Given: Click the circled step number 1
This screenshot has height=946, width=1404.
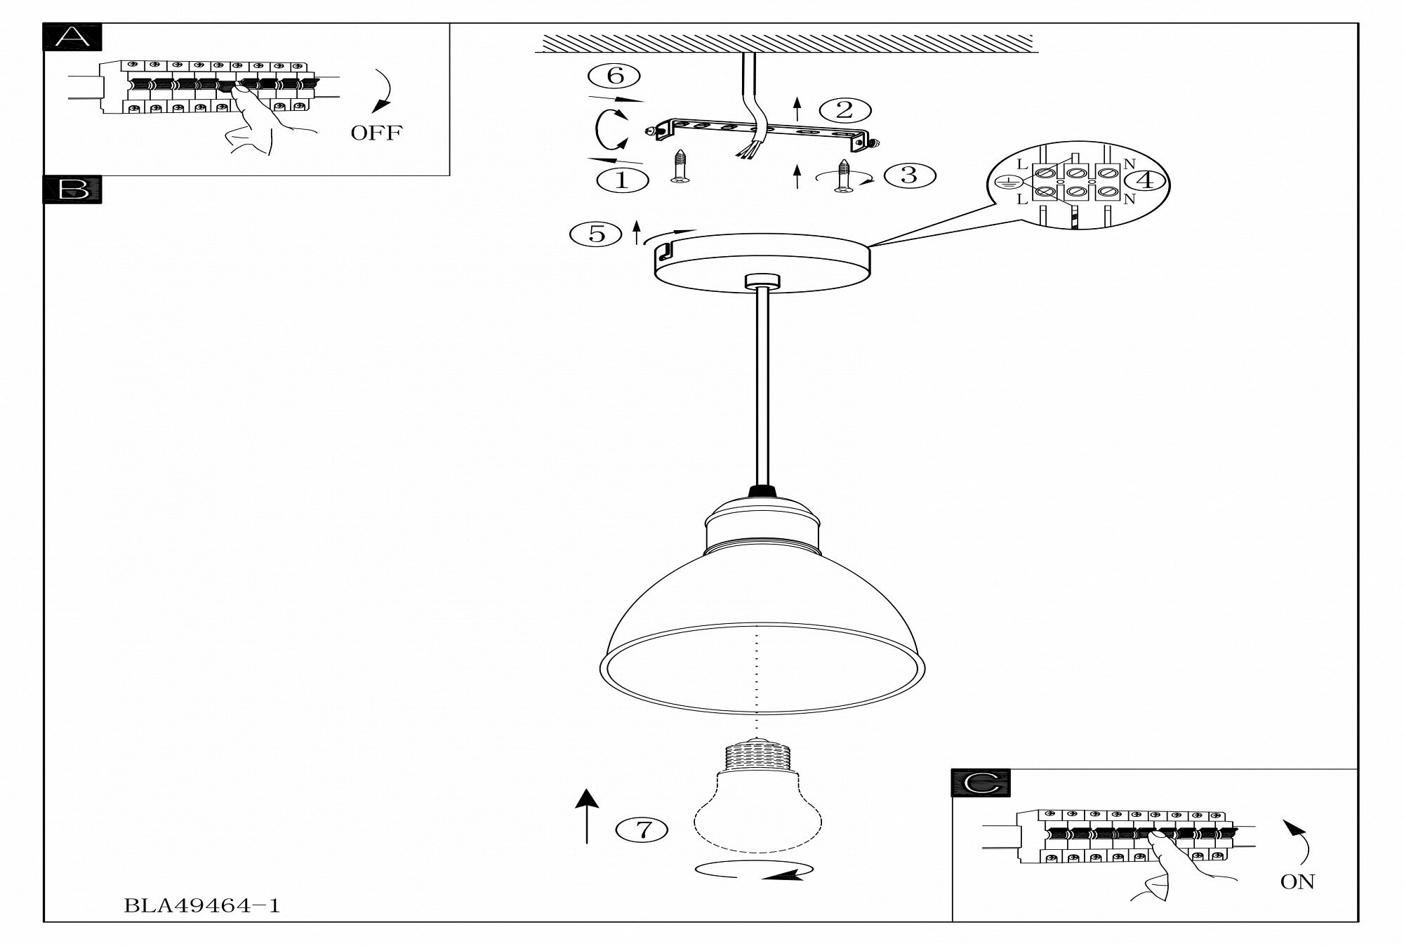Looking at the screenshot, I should [x=621, y=180].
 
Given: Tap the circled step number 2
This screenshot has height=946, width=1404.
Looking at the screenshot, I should [x=845, y=110].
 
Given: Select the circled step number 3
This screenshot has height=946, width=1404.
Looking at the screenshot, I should [x=909, y=175].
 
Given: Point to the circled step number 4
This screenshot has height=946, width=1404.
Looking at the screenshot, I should [x=1145, y=180].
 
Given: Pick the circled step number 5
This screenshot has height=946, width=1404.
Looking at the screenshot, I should [x=597, y=234].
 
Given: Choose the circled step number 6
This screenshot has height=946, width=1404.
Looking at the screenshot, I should [x=616, y=76].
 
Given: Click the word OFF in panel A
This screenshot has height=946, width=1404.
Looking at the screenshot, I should [x=376, y=133].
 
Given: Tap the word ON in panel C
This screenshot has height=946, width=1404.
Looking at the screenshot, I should [x=1297, y=882].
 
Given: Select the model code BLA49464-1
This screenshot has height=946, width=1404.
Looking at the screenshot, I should [x=201, y=906].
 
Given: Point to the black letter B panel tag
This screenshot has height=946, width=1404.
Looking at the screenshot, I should [x=72, y=189].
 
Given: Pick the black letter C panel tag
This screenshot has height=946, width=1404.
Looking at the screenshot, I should [x=981, y=783].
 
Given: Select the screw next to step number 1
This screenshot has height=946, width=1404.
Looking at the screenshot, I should [x=679, y=167].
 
